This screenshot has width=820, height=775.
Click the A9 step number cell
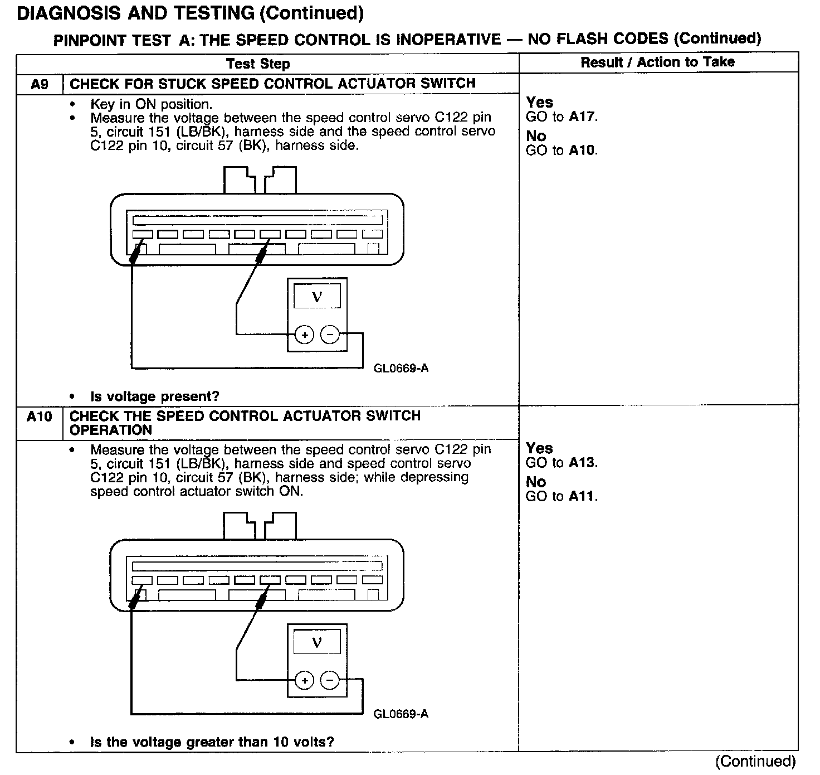click(x=40, y=85)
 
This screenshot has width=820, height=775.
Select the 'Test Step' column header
click(x=258, y=64)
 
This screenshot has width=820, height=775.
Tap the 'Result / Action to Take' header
click(x=657, y=62)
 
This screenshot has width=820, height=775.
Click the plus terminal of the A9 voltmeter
click(x=304, y=335)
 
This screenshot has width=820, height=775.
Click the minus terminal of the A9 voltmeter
click(x=330, y=335)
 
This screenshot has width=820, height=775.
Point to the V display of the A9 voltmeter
click(x=317, y=297)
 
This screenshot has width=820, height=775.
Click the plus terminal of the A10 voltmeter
click(x=304, y=681)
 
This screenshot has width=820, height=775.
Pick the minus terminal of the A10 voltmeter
click(x=330, y=680)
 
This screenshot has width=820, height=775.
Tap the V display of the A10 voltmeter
click(x=317, y=642)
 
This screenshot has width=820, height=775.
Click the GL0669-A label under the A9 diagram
click(x=401, y=369)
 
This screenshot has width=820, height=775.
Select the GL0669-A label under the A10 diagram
click(x=401, y=714)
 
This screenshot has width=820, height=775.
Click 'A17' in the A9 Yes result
click(x=582, y=117)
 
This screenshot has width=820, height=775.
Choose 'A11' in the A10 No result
click(x=582, y=497)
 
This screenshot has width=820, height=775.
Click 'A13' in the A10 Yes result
click(x=582, y=463)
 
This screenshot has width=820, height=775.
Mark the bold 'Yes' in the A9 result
click(x=539, y=103)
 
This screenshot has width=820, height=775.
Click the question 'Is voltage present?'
click(x=155, y=397)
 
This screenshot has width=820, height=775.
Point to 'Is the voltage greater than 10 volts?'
click(x=212, y=743)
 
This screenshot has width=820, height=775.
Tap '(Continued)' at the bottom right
click(x=755, y=762)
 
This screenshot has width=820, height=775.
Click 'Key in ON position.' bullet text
click(x=151, y=104)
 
